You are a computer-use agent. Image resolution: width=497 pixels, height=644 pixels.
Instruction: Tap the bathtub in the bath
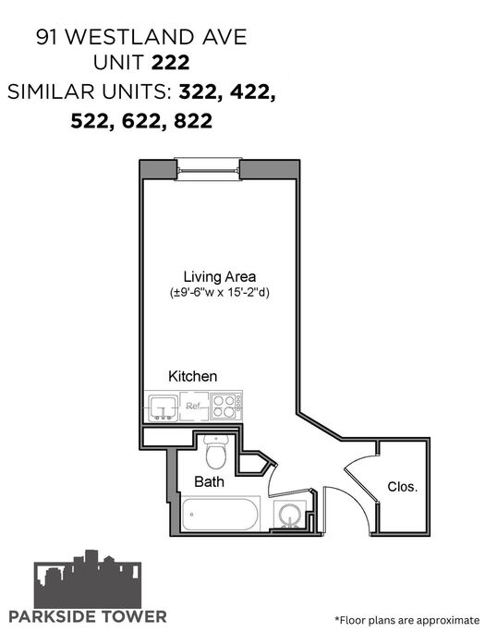221,514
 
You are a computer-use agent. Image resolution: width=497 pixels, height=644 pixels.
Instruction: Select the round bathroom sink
290,515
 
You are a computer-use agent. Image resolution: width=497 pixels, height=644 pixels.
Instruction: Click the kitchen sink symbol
164,407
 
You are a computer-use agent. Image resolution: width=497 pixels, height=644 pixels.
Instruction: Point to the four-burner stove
226,407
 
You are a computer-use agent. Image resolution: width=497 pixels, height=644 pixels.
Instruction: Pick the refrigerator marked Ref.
194,407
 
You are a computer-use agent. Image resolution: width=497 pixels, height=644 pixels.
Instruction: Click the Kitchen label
193,376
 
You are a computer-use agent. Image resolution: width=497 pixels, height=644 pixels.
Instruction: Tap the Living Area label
219,277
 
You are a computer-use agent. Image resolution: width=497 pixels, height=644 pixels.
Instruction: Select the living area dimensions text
220,293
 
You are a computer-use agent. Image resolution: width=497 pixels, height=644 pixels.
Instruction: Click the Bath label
209,481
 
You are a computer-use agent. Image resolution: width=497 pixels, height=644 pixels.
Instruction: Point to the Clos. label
402,487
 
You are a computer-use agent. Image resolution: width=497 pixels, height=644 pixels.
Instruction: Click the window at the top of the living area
208,169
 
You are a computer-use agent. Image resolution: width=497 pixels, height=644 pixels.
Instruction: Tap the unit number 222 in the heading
171,63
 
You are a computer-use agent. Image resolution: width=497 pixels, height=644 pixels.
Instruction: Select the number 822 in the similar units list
193,121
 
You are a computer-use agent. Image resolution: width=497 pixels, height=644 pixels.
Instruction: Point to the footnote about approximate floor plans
407,620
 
